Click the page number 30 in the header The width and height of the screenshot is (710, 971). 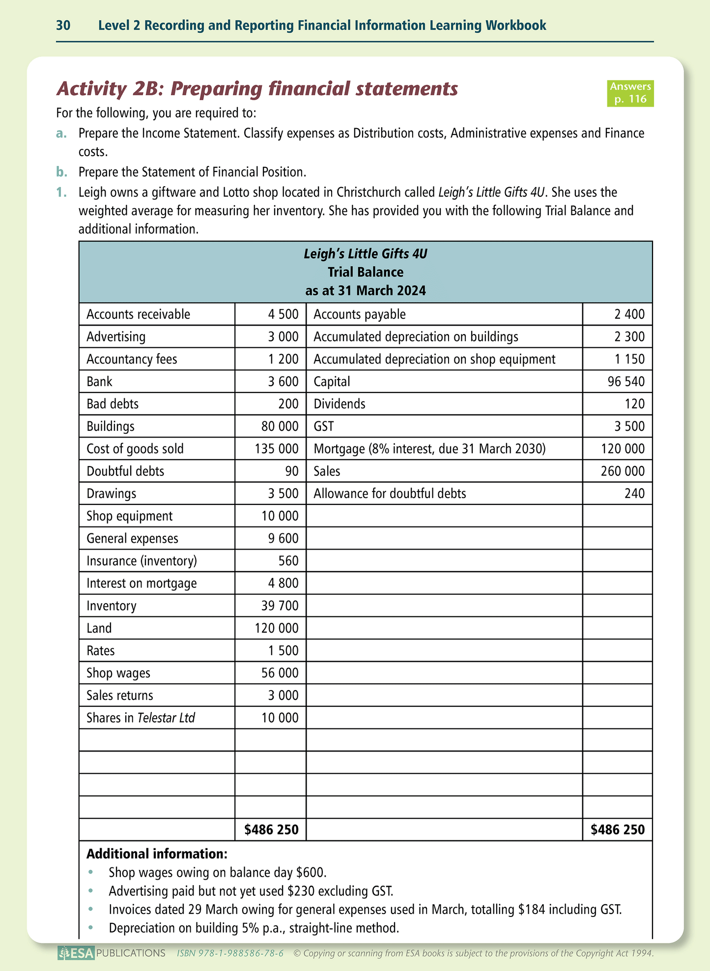click(x=63, y=26)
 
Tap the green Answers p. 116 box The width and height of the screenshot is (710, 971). click(x=630, y=93)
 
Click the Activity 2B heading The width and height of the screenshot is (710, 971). click(x=257, y=89)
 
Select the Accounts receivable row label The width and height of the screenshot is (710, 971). click(x=138, y=314)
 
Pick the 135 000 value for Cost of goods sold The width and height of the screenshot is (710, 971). click(x=276, y=449)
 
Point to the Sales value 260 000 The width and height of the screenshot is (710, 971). click(x=623, y=472)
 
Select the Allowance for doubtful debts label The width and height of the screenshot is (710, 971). click(x=390, y=494)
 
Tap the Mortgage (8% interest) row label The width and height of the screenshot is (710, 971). click(x=429, y=449)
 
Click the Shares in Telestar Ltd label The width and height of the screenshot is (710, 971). click(x=141, y=718)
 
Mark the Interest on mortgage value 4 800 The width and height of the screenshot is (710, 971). click(x=283, y=583)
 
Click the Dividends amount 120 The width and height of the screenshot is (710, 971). click(x=635, y=404)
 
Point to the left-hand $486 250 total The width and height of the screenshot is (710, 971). click(x=271, y=830)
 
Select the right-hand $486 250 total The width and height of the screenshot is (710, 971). click(x=618, y=830)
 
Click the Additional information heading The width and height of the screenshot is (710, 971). click(x=157, y=854)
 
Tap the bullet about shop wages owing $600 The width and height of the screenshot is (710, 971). click(x=217, y=872)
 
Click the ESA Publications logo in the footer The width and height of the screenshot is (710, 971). click(x=111, y=953)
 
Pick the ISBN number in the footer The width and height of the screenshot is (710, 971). click(x=230, y=953)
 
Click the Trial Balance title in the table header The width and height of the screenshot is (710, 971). click(x=366, y=272)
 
